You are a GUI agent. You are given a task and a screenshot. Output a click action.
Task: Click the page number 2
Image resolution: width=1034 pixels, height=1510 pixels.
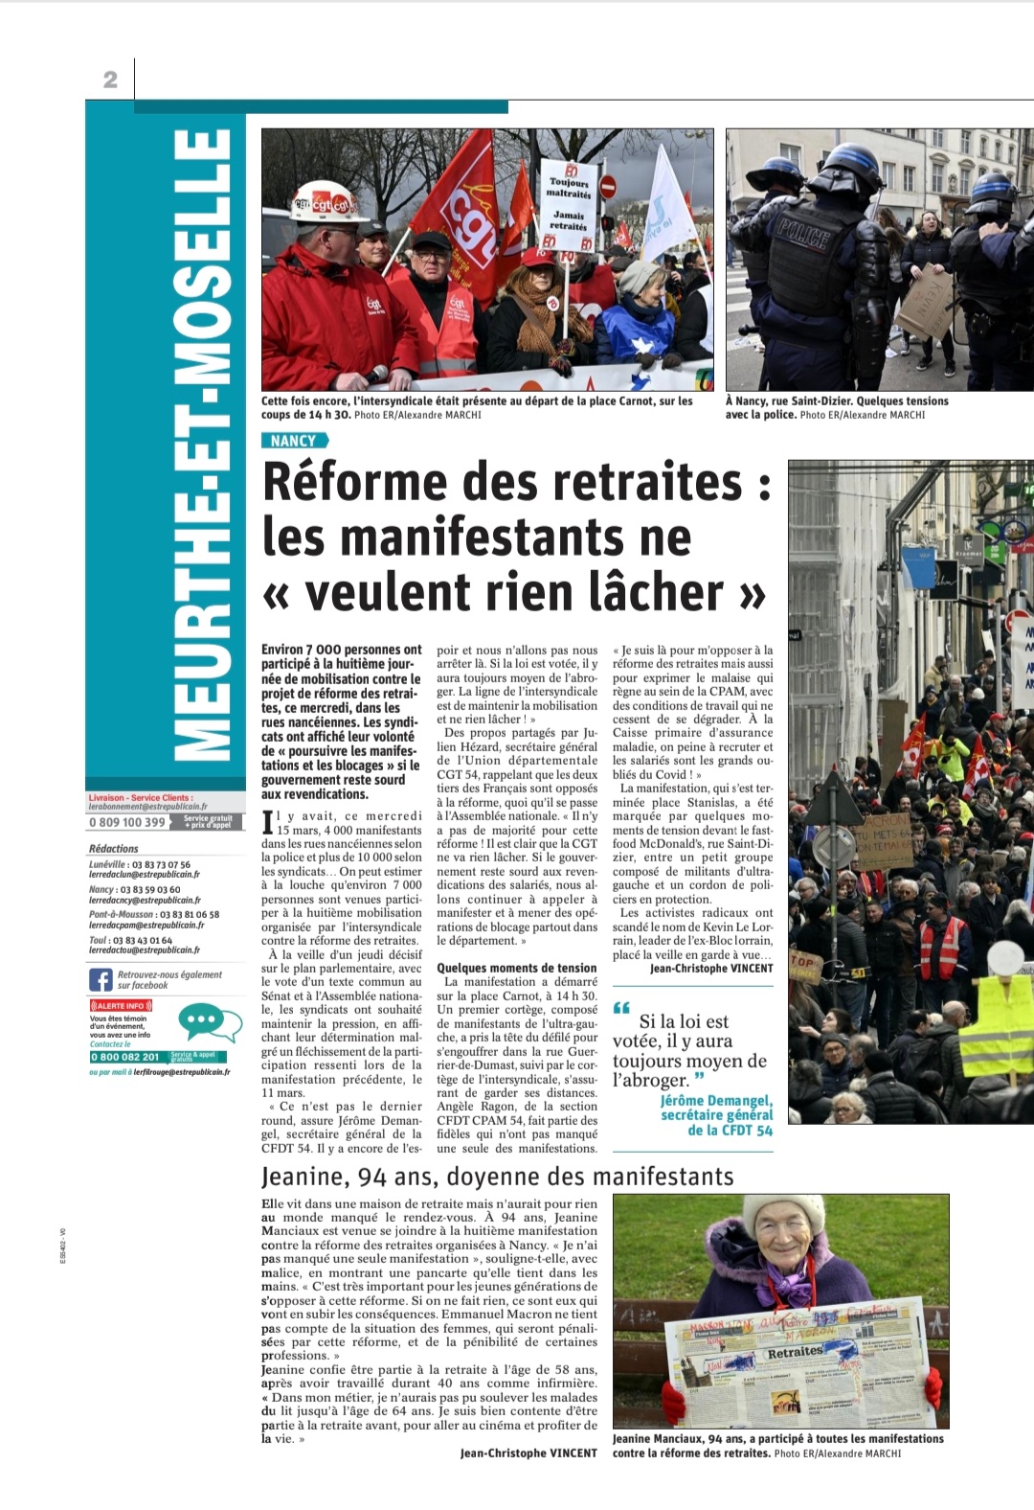pos(110,80)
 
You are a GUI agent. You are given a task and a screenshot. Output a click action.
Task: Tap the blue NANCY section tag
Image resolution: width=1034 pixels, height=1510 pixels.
pos(293,441)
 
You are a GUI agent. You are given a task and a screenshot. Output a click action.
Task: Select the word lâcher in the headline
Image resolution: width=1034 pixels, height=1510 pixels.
pos(656,593)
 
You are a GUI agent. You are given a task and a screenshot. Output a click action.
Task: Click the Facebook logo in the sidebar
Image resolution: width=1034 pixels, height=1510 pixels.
pos(101,979)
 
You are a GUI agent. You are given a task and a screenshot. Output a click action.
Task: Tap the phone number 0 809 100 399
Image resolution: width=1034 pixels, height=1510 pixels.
pos(127,822)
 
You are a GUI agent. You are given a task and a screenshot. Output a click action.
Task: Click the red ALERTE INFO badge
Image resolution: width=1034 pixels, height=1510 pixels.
pos(120,1005)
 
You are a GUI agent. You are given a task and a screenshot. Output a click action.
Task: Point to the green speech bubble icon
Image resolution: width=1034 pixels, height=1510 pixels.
pos(209,1022)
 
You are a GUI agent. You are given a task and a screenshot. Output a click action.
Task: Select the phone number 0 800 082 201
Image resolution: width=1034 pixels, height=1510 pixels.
pos(125,1057)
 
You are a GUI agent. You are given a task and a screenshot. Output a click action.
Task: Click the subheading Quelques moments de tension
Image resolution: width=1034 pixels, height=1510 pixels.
pos(516,968)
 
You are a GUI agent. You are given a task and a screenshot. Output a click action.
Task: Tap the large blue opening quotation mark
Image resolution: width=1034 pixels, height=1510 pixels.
pos(621,1008)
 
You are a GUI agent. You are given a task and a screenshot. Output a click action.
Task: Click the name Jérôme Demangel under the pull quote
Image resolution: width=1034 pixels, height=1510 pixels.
pos(715,1101)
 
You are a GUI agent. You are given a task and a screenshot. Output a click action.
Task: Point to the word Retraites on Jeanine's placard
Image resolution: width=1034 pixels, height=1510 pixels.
pos(795,1352)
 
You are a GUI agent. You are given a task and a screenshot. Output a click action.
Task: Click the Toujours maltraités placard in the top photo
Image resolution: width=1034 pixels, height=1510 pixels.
pos(569,202)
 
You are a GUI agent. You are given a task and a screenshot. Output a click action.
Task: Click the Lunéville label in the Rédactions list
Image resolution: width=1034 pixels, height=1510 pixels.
pos(106,864)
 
